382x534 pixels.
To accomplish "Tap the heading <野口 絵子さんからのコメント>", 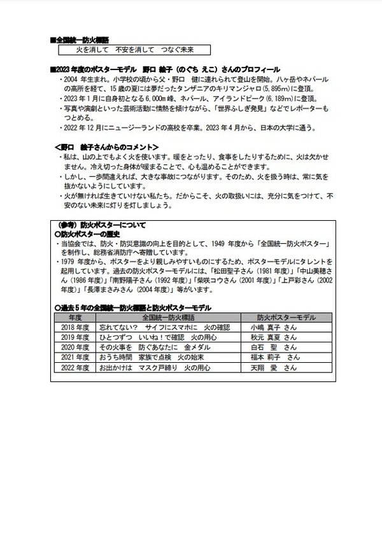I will point(107,147).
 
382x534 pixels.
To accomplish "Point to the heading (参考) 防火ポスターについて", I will point(102,225).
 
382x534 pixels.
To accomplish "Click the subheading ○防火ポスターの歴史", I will point(89,234).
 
